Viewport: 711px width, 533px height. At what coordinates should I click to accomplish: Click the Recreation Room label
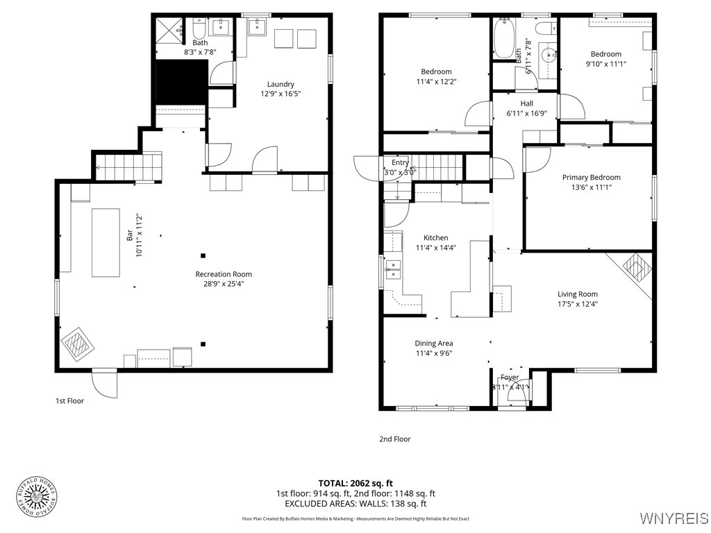click(224, 274)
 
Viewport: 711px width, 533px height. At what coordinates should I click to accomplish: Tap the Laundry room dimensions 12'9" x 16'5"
click(281, 94)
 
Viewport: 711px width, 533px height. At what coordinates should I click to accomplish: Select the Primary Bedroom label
click(591, 177)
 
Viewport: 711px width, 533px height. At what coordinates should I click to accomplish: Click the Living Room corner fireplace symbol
click(633, 266)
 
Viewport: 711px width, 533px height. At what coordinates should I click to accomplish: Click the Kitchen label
click(436, 237)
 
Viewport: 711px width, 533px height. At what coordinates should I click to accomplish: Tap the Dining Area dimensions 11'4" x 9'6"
click(434, 353)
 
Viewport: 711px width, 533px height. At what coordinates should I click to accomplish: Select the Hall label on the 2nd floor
click(526, 103)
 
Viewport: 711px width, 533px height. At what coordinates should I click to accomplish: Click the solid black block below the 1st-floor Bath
click(181, 81)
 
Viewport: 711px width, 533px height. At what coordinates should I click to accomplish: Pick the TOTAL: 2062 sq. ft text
click(355, 483)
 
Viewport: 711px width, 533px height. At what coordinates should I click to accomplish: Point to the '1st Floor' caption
click(69, 400)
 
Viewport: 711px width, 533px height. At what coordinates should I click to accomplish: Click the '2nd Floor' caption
click(394, 439)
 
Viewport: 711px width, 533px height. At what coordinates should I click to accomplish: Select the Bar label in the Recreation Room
click(130, 237)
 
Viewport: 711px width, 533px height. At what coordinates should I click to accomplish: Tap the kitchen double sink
click(393, 269)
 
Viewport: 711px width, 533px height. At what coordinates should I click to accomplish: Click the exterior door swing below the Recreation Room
click(105, 384)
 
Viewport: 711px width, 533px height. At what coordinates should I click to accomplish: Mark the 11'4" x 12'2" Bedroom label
click(436, 71)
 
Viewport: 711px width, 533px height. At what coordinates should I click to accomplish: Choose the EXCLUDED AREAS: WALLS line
click(355, 504)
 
